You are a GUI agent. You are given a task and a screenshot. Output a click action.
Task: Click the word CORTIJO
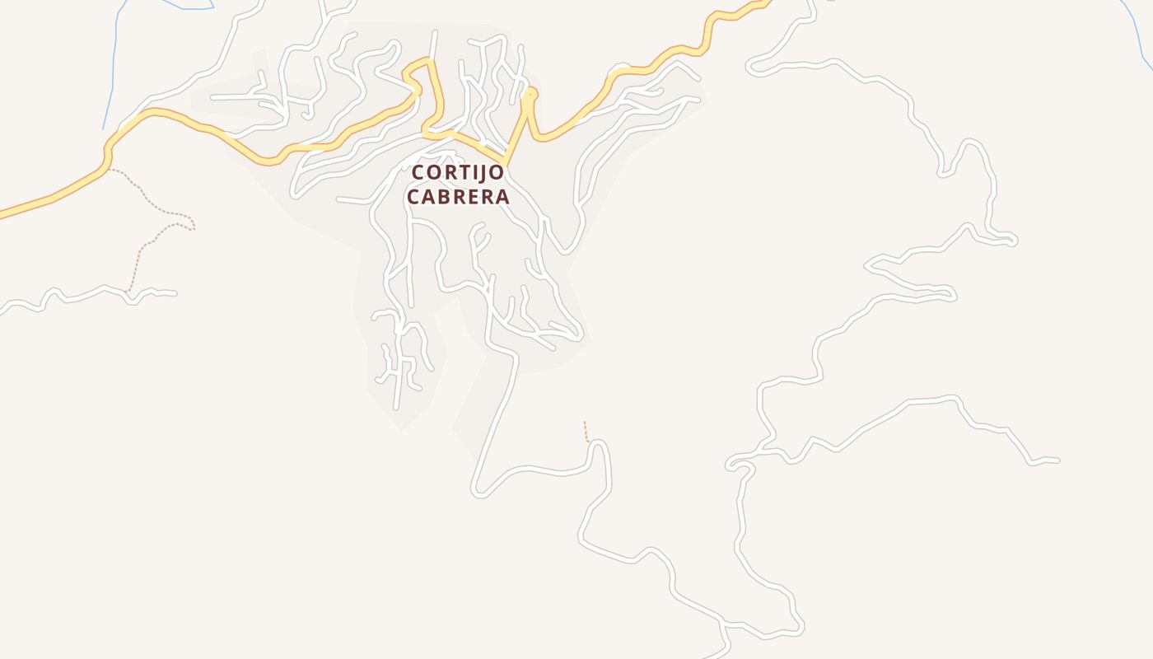458,173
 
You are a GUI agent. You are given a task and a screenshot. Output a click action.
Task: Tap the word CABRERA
458,198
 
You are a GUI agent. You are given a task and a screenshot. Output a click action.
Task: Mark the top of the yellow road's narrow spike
530,92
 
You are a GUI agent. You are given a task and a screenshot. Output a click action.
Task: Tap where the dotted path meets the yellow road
108,168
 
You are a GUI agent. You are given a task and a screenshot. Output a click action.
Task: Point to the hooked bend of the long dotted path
191,225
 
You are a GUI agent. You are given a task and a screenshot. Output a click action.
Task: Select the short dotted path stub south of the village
586,431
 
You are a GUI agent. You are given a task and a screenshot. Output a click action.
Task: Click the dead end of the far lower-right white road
1057,460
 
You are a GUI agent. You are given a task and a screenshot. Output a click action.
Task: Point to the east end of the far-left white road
175,293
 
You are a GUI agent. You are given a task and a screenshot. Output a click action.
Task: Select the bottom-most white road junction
723,622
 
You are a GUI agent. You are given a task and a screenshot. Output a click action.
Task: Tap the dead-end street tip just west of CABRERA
338,199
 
